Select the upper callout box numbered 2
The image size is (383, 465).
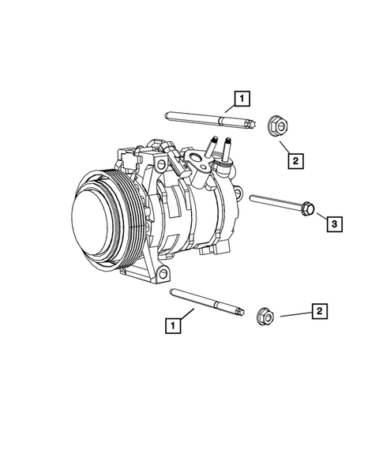point(295,161)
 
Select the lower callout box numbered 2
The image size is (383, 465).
point(319,312)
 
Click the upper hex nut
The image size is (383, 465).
point(276,124)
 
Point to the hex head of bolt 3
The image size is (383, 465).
point(309,208)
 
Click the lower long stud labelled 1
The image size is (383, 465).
point(209,301)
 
